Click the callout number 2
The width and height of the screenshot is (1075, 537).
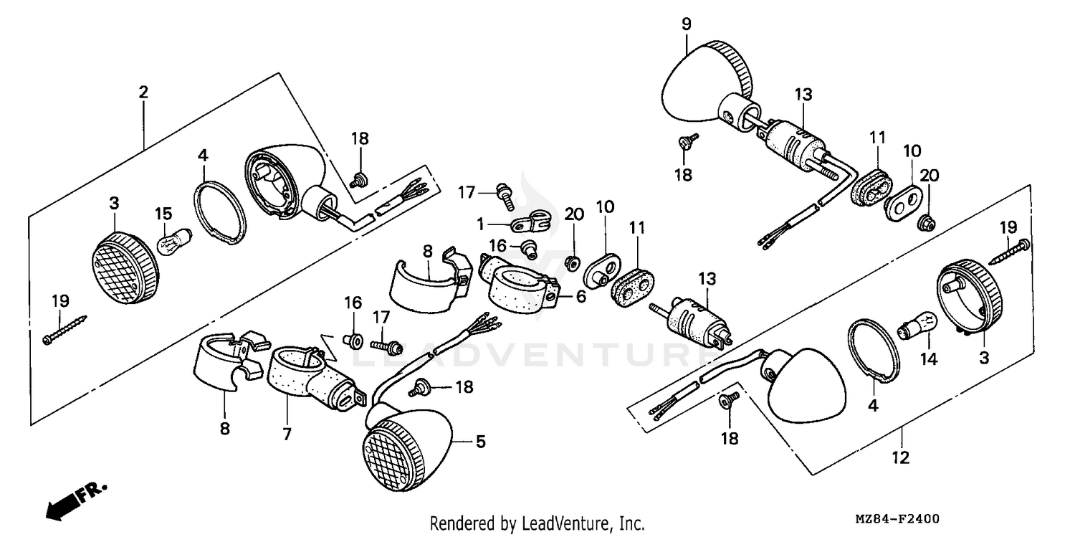pos(143,92)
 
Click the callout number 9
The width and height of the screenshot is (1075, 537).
pos(687,24)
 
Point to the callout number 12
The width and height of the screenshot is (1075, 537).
pos(901,457)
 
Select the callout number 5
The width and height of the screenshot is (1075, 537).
pos(479,442)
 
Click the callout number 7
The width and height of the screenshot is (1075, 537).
pos(286,433)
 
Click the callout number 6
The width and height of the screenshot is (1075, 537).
pos(580,295)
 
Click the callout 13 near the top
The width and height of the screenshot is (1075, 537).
pos(803,94)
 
